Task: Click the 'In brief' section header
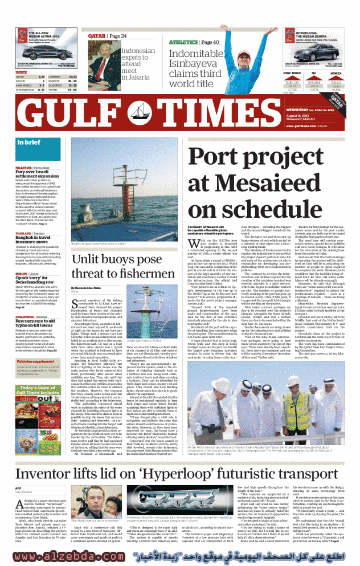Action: click(28, 143)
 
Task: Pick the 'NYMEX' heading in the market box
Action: click(336, 74)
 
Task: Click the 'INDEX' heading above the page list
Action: click(21, 72)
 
